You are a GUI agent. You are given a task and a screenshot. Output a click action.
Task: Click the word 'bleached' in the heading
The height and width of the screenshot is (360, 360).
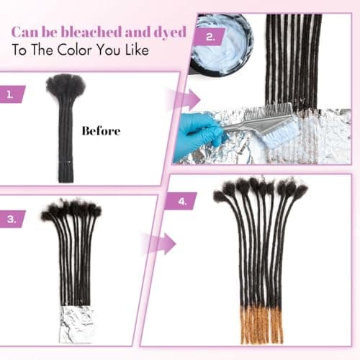(x=91, y=32)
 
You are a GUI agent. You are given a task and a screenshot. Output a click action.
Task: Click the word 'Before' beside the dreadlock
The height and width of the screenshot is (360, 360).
(x=101, y=131)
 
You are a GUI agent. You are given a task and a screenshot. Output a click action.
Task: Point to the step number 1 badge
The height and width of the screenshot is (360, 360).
(x=12, y=94)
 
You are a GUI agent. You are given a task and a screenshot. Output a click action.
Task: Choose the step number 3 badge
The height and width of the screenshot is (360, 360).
(x=12, y=219)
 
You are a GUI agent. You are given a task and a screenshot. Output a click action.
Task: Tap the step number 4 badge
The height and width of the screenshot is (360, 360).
(x=181, y=202)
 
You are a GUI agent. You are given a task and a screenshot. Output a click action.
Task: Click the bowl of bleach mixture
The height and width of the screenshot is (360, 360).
(x=221, y=45)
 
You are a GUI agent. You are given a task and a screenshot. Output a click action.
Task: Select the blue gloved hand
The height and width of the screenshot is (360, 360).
(x=199, y=135)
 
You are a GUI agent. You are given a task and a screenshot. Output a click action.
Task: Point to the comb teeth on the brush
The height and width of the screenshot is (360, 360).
(x=268, y=110)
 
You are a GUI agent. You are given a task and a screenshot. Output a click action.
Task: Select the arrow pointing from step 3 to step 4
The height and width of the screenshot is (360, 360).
(x=161, y=243)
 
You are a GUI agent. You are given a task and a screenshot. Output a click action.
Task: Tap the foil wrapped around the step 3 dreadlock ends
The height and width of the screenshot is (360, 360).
(x=76, y=324)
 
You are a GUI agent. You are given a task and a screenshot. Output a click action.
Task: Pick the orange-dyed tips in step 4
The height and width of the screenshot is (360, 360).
(x=261, y=324)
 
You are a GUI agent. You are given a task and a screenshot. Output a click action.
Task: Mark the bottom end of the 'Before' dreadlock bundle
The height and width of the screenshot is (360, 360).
(x=66, y=181)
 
